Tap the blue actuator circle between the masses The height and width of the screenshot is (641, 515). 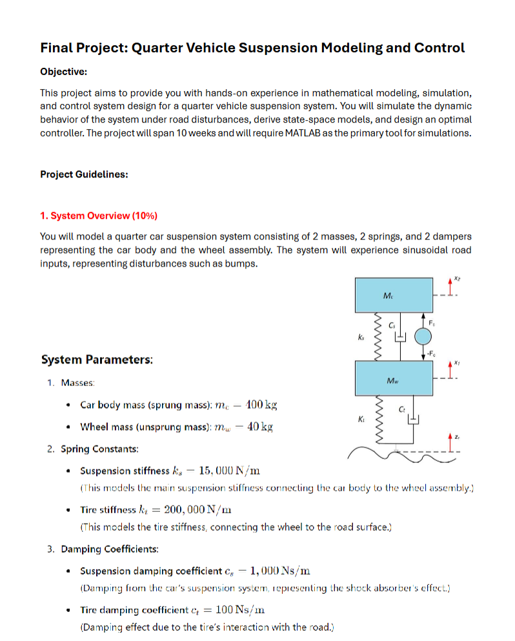(423, 336)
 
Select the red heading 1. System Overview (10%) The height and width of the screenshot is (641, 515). (99, 216)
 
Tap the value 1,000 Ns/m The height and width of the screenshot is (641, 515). (279, 571)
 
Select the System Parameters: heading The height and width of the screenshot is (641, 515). (97, 360)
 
